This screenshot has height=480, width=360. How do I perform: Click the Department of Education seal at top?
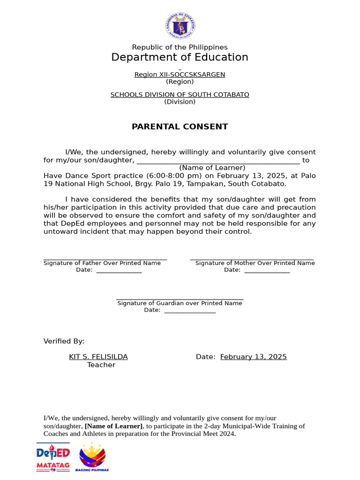(x=180, y=25)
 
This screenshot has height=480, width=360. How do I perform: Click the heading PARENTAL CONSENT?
(x=180, y=127)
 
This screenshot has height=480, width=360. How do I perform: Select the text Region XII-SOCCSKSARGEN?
(x=180, y=75)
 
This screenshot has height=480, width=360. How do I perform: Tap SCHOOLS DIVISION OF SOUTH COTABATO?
(x=180, y=95)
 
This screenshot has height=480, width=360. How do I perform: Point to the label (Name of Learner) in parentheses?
(x=212, y=168)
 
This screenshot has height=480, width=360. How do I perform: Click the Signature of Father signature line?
(x=105, y=259)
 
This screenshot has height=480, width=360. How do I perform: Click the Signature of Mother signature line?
(x=252, y=259)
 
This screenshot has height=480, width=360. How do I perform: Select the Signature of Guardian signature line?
(x=180, y=299)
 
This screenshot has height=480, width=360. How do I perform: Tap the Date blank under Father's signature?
(x=119, y=271)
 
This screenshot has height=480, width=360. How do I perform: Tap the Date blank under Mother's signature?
(x=267, y=271)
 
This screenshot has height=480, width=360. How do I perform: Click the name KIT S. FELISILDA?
(x=98, y=357)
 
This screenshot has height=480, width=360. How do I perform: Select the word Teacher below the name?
(x=101, y=365)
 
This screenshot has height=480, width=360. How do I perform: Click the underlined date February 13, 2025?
(x=254, y=357)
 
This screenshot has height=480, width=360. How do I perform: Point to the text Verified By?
(x=64, y=341)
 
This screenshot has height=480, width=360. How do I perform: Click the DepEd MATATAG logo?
(x=53, y=457)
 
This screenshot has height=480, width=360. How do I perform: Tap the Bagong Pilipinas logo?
(x=92, y=457)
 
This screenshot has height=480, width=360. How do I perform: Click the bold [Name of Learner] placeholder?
(x=114, y=426)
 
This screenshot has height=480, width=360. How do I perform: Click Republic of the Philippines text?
(x=180, y=47)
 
